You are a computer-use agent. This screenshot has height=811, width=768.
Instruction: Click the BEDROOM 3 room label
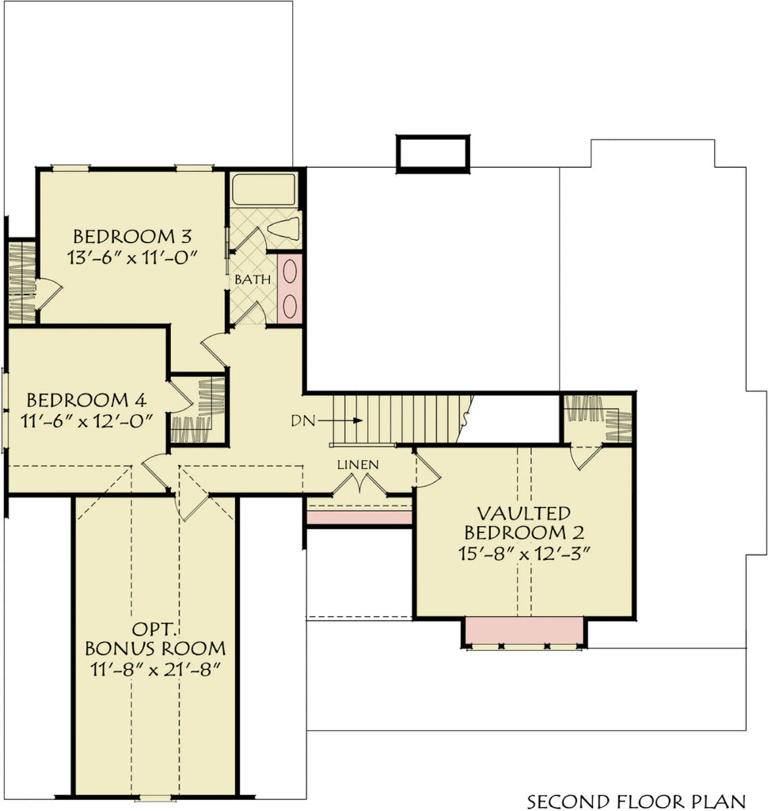click(x=132, y=236)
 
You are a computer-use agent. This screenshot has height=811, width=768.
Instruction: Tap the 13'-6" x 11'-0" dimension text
click(x=132, y=257)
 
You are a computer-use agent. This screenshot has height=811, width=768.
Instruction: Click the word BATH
click(x=253, y=280)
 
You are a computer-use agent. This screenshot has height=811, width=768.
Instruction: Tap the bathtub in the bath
click(x=264, y=188)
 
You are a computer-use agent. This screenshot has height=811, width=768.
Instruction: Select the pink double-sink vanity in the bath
click(x=290, y=288)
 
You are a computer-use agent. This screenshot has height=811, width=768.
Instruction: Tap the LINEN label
click(x=358, y=464)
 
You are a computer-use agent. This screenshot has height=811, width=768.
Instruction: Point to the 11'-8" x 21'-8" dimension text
click(x=155, y=668)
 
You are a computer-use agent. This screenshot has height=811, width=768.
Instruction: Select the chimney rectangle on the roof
click(x=433, y=153)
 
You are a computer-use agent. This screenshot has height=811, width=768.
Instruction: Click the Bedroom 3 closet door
click(x=48, y=293)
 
